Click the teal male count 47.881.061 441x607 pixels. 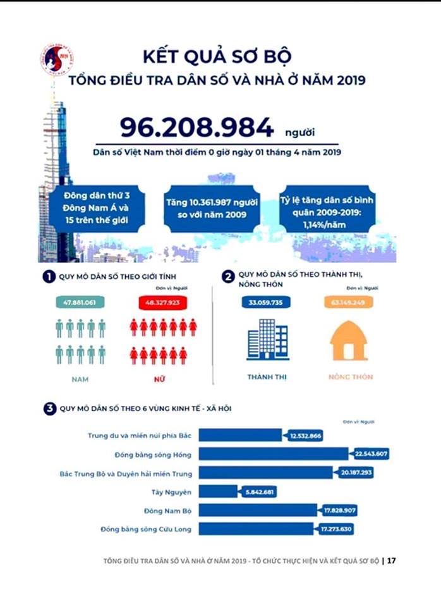point(79,303)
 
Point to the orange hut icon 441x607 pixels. point(349,341)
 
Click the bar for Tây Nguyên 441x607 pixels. point(219,491)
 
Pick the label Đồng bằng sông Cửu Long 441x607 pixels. point(147,528)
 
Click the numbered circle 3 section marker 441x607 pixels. point(49,408)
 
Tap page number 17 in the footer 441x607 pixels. point(391,560)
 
